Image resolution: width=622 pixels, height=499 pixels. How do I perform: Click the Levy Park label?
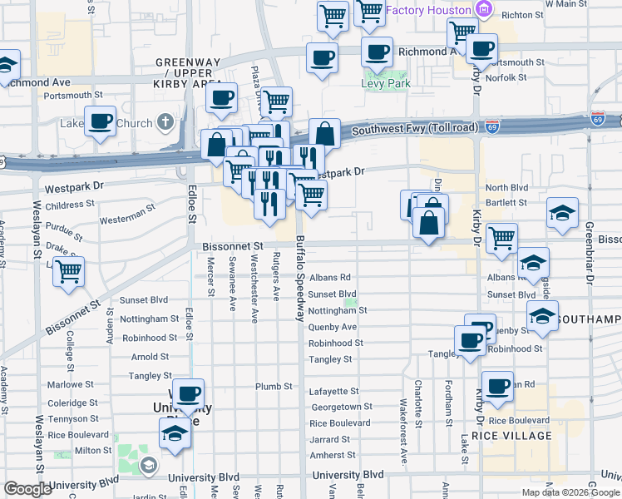(x=381, y=84)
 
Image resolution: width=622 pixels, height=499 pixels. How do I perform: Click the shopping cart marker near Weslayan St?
(x=69, y=269)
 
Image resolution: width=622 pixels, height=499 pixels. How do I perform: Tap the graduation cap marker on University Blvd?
(x=174, y=432)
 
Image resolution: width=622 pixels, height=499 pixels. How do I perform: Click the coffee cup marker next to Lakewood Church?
(x=100, y=121)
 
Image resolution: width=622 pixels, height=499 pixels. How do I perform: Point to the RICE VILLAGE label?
(x=511, y=436)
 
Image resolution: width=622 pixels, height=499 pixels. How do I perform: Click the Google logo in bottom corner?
(x=27, y=489)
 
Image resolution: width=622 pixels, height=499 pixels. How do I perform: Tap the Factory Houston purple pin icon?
(x=484, y=10)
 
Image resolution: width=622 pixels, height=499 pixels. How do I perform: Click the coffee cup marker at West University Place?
(x=188, y=393)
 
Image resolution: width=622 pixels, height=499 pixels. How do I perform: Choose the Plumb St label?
(x=274, y=387)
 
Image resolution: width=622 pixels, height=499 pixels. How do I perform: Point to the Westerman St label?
(x=127, y=220)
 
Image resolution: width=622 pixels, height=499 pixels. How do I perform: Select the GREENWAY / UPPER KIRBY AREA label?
(x=188, y=68)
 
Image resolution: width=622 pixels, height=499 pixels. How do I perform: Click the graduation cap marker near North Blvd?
(x=562, y=212)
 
